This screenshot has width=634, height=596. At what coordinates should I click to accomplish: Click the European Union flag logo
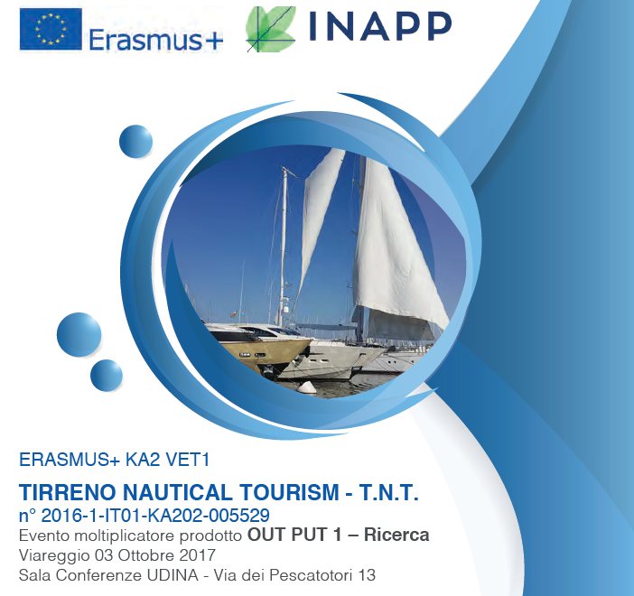[x=51, y=29]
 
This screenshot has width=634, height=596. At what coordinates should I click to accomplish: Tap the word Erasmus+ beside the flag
[x=155, y=41]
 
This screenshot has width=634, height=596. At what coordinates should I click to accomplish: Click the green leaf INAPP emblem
[x=271, y=29]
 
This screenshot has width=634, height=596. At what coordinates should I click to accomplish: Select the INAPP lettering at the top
[x=380, y=26]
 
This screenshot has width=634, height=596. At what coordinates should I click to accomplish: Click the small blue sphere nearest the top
[x=135, y=142]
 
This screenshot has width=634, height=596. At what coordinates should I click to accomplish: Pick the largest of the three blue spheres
[x=79, y=334]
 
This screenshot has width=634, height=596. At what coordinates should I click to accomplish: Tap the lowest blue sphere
[x=107, y=376]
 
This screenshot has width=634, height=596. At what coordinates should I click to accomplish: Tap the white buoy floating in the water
[x=307, y=387]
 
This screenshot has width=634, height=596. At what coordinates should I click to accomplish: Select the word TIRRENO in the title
[x=68, y=492]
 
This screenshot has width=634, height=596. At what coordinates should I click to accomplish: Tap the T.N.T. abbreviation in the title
[x=388, y=492]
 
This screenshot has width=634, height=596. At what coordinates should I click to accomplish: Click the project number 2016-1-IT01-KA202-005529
[x=155, y=516]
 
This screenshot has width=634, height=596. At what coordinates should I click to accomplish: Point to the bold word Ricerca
[x=396, y=535]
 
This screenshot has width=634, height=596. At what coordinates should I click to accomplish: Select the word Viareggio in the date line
[x=54, y=555]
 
